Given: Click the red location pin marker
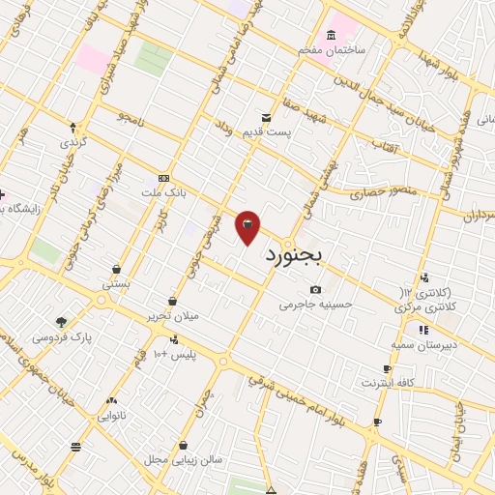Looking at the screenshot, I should tap(247, 227).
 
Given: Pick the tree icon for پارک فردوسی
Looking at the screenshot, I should tap(62, 322).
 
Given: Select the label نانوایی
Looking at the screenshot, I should tap(112, 416).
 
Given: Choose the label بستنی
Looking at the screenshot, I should tap(116, 285).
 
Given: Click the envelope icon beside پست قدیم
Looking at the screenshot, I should tap(266, 117).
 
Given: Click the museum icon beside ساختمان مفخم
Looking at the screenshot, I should tap(331, 36).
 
